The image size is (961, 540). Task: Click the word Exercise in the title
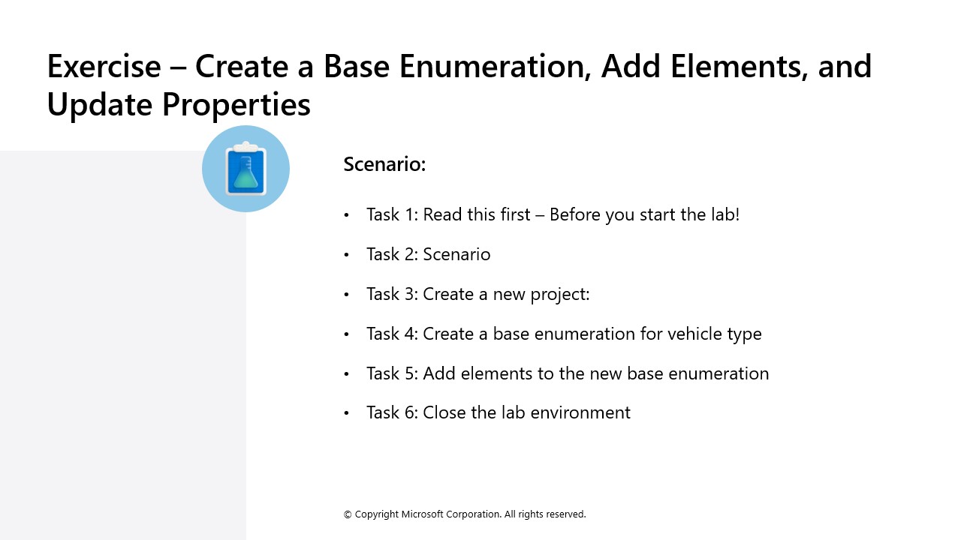point(104,67)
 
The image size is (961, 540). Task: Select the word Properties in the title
point(236,105)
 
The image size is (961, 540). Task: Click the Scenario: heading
point(384,164)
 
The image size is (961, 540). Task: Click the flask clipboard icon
point(246,169)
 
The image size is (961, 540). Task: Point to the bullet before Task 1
point(347,215)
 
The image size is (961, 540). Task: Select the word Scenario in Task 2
point(456,254)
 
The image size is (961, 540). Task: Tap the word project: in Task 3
point(560,295)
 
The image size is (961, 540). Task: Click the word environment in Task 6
point(580,413)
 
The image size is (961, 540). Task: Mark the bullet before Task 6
point(347,413)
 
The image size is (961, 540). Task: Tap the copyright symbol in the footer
point(348,514)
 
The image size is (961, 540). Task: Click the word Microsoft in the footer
point(422,514)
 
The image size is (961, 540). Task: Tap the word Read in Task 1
point(443,214)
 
